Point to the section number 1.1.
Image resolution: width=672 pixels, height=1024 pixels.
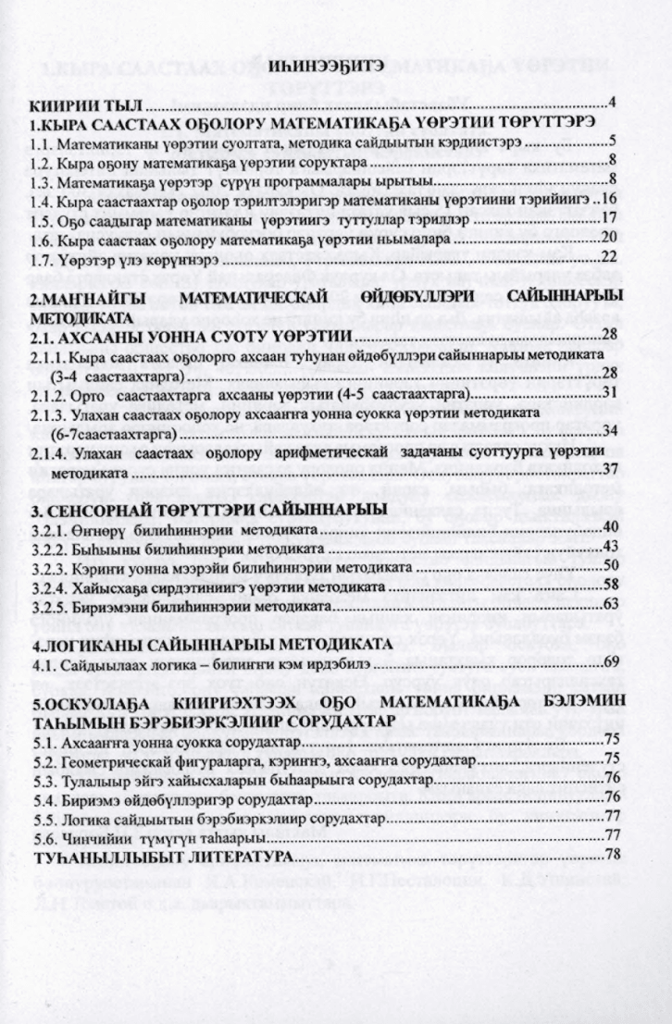(x=44, y=145)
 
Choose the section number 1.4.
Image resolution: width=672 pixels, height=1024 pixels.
(x=44, y=202)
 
